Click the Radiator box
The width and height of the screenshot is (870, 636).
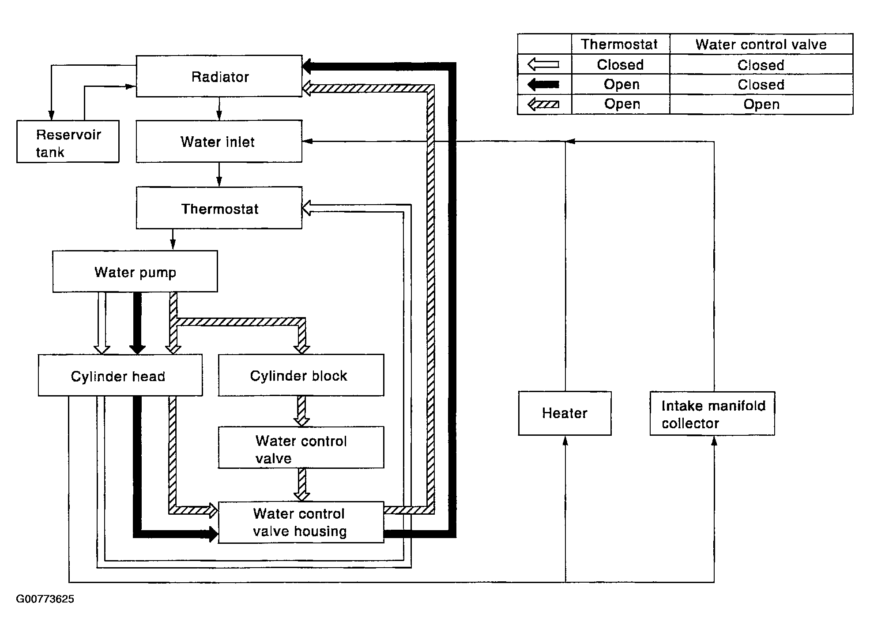point(219,76)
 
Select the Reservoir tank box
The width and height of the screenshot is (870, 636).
point(68,142)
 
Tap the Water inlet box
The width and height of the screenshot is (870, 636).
point(219,141)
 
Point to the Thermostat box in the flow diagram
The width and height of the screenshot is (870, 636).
point(219,208)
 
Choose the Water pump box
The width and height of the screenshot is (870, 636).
point(135,271)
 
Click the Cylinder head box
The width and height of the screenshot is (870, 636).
point(120,375)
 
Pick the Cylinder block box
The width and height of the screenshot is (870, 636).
point(301,375)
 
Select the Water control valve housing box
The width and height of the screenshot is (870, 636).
point(301,522)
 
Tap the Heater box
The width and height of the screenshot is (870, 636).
point(565,413)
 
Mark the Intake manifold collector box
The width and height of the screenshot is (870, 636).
point(712,413)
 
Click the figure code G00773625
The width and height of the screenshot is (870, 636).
point(45,599)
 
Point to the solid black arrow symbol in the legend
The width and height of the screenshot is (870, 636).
point(543,84)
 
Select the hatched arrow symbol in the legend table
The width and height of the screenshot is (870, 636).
point(543,105)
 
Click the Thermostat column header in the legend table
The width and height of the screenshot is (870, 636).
point(619,44)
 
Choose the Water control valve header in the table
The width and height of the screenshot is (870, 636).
point(761,44)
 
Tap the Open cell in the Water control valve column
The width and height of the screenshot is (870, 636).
point(761,105)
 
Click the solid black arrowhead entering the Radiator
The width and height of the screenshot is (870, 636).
point(308,67)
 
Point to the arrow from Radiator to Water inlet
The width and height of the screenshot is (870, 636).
point(219,108)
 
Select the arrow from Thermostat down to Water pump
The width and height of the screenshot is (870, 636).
point(173,239)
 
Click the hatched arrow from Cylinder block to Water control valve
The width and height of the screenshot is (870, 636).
point(301,411)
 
